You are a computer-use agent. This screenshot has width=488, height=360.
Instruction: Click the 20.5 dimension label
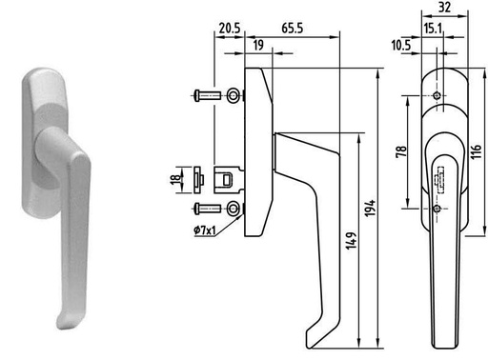[230, 29]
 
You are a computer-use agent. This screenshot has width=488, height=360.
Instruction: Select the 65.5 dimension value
[293, 29]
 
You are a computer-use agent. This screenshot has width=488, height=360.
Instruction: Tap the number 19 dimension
[258, 45]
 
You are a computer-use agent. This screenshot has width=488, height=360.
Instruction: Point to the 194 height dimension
[370, 209]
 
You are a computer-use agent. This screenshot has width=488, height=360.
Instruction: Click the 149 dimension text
[351, 241]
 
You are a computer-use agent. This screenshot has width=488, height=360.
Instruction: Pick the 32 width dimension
[444, 7]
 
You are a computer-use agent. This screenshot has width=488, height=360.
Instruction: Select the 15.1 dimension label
[433, 29]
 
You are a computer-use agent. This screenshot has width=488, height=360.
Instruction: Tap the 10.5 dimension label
[401, 45]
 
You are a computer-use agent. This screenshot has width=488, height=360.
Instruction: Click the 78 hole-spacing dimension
[401, 151]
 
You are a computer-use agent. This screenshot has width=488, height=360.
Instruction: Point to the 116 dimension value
[476, 151]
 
